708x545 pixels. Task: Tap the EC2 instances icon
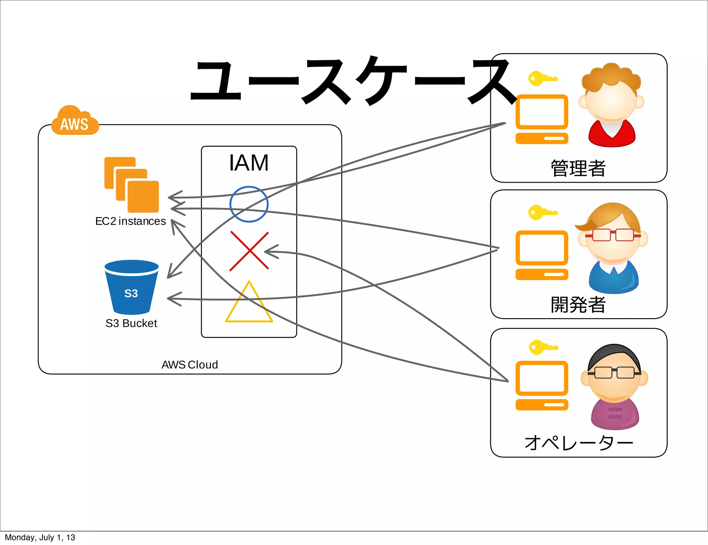pyautogui.click(x=132, y=185)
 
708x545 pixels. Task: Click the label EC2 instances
pyautogui.click(x=130, y=221)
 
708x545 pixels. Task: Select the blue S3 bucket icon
pyautogui.click(x=131, y=287)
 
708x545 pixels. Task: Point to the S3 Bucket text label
pyautogui.click(x=131, y=323)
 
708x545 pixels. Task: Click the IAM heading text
pyautogui.click(x=249, y=163)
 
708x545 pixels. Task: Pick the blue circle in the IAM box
pyautogui.click(x=249, y=204)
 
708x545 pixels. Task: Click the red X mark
pyautogui.click(x=249, y=251)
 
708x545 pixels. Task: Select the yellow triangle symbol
pyautogui.click(x=249, y=304)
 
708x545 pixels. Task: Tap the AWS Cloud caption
pyautogui.click(x=190, y=365)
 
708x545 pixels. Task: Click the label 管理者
pyautogui.click(x=578, y=168)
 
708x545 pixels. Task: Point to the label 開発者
pyautogui.click(x=578, y=305)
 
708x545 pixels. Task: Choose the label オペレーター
pyautogui.click(x=578, y=443)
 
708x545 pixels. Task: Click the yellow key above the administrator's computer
pyautogui.click(x=542, y=78)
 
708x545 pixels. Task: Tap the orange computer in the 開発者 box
pyautogui.click(x=542, y=255)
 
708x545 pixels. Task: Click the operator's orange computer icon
pyautogui.click(x=542, y=385)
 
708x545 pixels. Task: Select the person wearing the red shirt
pyautogui.click(x=612, y=105)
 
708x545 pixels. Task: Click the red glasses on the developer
pyautogui.click(x=613, y=235)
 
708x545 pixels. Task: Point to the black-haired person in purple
pyautogui.click(x=614, y=387)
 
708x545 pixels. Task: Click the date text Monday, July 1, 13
pyautogui.click(x=40, y=537)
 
